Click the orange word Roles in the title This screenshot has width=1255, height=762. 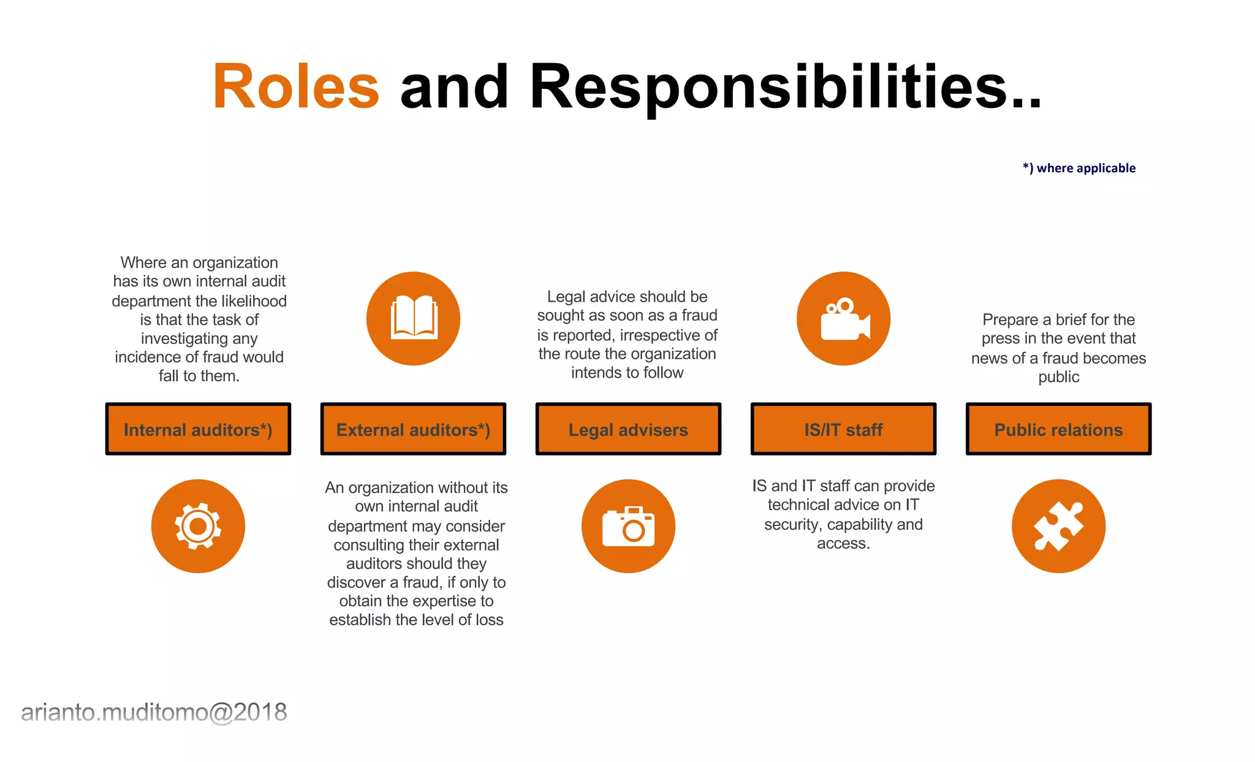pos(296,87)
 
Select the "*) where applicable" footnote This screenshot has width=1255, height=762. pos(1079,168)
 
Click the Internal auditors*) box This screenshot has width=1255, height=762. pos(198,429)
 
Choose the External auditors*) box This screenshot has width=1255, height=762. pos(413,429)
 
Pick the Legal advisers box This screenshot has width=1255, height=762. pos(628,429)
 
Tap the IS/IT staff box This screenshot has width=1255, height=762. pos(843,429)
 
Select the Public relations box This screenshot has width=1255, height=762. pos(1058,429)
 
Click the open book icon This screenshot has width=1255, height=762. pos(414,318)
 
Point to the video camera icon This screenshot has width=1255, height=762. pos(844,318)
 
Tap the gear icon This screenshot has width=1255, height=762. pos(198,526)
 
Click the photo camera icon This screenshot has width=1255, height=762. pos(628,526)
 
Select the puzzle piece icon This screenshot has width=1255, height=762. pos(1058,526)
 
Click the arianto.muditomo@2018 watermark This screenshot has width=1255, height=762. pos(154,712)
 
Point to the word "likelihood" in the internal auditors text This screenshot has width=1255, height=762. pos(254,301)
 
